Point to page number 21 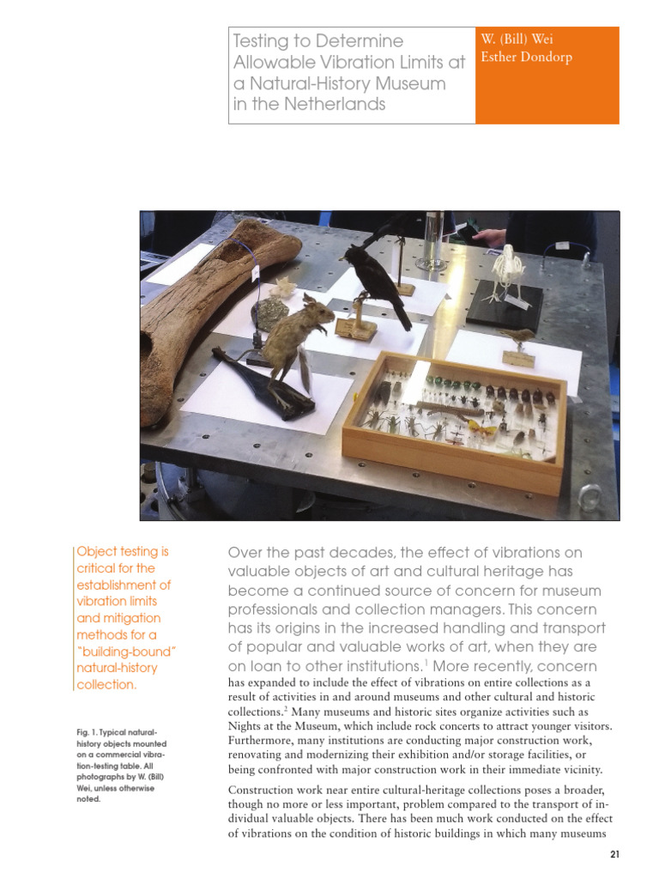[614, 854]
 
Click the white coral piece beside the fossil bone [283, 288]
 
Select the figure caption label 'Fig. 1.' [87, 732]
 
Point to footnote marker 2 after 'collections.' [286, 709]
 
